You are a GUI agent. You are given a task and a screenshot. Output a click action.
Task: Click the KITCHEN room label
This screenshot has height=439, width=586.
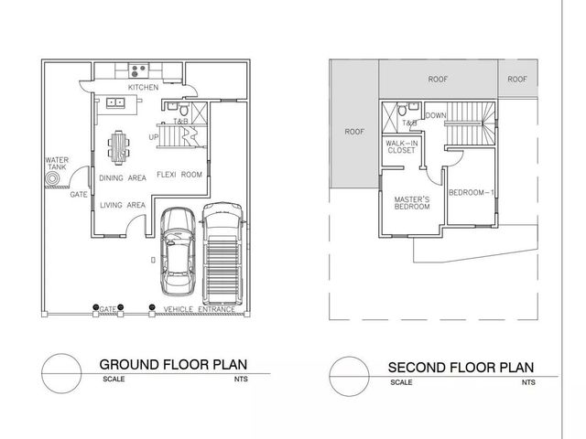click(x=143, y=88)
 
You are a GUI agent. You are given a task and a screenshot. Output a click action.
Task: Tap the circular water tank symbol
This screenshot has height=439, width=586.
click(x=52, y=179)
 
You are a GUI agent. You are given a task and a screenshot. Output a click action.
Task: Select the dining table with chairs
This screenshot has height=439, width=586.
click(x=118, y=147)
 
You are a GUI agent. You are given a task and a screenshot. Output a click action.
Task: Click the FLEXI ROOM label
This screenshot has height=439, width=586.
click(x=179, y=175)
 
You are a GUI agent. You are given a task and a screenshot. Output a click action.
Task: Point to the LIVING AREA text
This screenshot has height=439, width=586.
click(x=123, y=205)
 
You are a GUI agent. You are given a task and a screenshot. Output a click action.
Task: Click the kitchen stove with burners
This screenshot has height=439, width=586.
click(x=138, y=70)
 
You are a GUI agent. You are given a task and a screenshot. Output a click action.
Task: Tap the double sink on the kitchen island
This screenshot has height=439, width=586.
click(x=115, y=102)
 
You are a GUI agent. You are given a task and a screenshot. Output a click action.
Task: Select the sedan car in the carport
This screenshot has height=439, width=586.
click(x=178, y=252)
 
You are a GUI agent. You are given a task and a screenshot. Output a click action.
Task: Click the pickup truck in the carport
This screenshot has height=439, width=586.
click(x=222, y=254)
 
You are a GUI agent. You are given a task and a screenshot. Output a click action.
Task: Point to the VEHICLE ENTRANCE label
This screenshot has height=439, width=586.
click(x=200, y=309)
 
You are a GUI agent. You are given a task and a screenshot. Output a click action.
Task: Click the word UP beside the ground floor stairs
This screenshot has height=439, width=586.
click(x=154, y=137)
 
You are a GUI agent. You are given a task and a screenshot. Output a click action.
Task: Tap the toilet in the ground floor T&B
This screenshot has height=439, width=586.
click(x=183, y=110)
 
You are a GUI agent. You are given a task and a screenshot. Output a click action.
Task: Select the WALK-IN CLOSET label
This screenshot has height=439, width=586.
click(x=402, y=146)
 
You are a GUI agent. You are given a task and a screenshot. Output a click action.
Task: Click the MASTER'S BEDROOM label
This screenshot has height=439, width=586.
click(x=412, y=203)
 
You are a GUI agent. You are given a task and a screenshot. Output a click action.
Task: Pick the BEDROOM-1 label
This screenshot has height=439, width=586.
click(x=472, y=193)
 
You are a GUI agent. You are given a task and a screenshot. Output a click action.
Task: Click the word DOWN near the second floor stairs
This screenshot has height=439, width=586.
click(x=436, y=116)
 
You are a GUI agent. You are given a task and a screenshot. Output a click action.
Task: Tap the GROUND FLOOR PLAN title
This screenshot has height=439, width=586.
click(x=173, y=364)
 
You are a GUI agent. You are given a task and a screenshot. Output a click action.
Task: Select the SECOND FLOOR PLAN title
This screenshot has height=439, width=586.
click(x=461, y=368)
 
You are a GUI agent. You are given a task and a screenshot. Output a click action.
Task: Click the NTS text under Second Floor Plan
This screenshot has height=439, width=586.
click(x=528, y=382)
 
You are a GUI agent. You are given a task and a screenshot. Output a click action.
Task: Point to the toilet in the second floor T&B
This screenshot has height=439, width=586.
click(x=402, y=111)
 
